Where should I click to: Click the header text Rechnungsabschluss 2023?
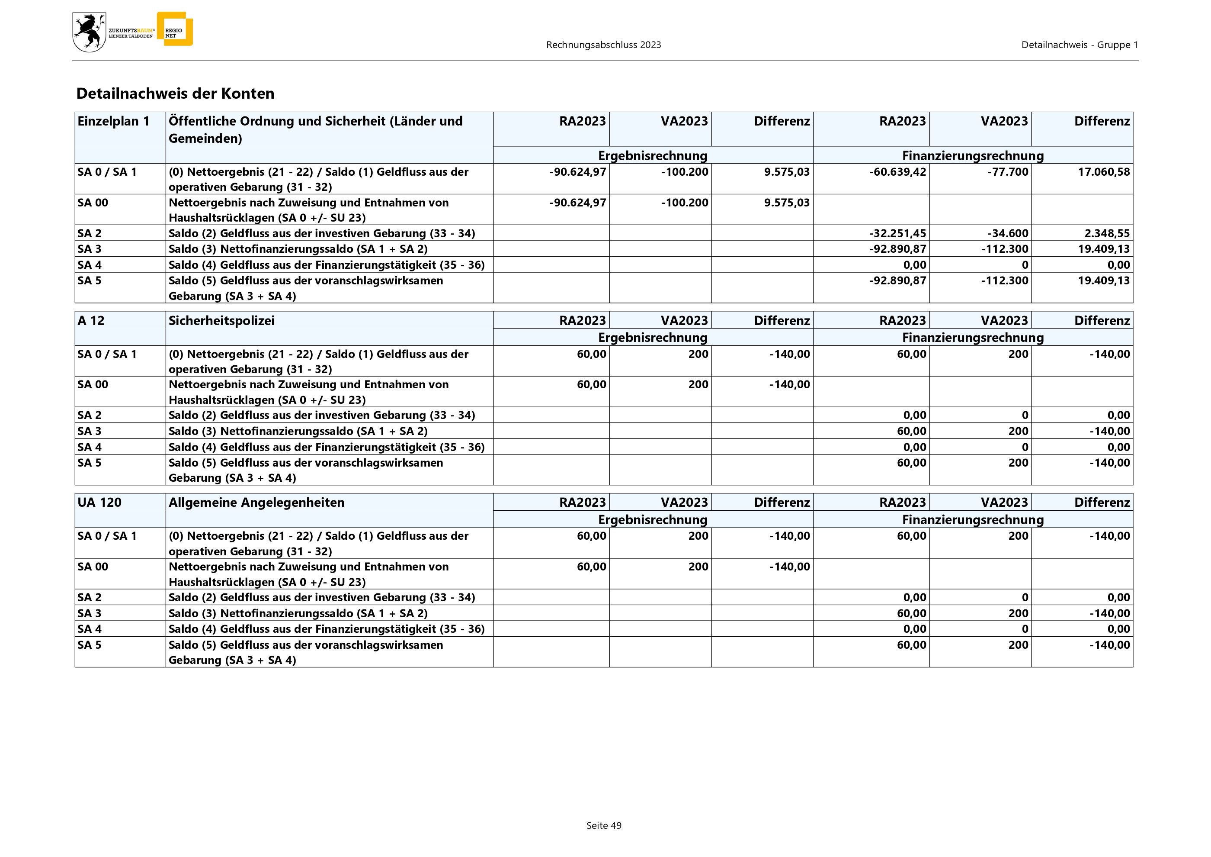point(603,45)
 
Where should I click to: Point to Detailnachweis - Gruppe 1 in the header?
point(1079,45)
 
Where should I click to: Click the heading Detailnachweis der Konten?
point(175,93)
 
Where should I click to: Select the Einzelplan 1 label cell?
point(113,121)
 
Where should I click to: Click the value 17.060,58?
point(1103,172)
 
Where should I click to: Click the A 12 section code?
point(91,321)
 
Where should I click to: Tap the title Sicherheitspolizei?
point(221,321)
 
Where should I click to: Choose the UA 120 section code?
point(99,503)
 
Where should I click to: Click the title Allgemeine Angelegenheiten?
point(256,503)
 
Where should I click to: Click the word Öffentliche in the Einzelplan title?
point(202,121)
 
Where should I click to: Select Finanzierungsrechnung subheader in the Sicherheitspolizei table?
point(973,338)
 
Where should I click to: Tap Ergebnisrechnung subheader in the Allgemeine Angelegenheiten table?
point(653,520)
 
